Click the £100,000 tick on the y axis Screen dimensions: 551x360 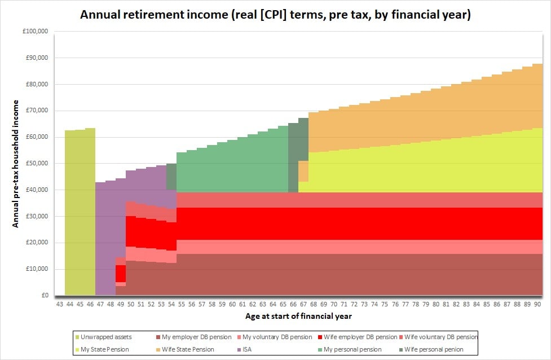tap(35, 31)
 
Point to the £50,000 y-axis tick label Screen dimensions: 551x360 tap(37, 164)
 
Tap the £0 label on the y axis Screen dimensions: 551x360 tap(45, 295)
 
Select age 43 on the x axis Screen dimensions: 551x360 tap(60, 304)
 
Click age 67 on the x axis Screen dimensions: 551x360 tap(303, 304)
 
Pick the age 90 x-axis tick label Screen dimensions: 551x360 tap(537, 304)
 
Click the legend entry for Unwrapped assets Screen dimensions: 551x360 tap(103, 337)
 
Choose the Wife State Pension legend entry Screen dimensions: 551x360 tap(185, 349)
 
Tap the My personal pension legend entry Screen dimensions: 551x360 tap(350, 349)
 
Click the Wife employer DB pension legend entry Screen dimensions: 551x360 tap(358, 337)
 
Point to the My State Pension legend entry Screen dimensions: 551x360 tap(102, 349)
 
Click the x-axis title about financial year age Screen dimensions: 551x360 tap(298, 316)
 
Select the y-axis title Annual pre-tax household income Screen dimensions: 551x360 tap(15, 164)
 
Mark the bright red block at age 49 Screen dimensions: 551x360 tap(121, 274)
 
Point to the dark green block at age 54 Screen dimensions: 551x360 tap(171, 177)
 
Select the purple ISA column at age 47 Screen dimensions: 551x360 tap(100, 239)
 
